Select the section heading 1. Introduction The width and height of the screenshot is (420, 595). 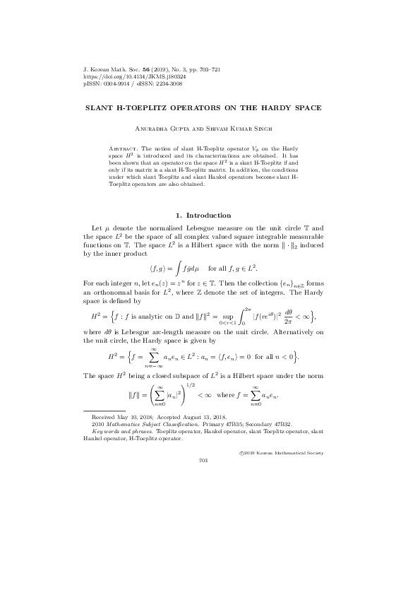(203, 215)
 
